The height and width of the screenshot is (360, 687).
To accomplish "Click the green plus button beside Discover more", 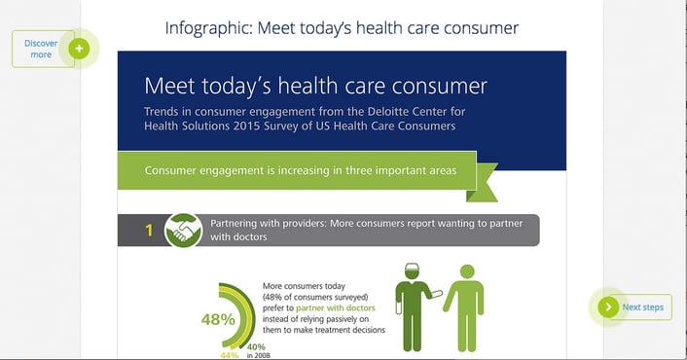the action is pos(79,49).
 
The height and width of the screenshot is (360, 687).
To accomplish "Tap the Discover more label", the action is pos(41,49).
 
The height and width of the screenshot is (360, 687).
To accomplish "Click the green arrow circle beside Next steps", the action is pos(608,307).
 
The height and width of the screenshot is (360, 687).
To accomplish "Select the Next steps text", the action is pos(643,307).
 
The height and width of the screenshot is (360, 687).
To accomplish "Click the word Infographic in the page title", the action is pos(207,28).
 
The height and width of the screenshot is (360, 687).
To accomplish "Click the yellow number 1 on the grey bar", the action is pos(149,231).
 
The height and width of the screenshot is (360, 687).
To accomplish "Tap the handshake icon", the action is pos(183,231).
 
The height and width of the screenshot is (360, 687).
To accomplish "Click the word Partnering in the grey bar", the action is pos(233,224).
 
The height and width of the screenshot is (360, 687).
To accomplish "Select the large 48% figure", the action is pos(218,320).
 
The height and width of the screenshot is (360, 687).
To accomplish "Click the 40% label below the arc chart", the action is pos(256,347).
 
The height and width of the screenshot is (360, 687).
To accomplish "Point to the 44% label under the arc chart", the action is pos(229,355).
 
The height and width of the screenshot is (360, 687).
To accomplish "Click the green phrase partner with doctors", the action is pos(336,307).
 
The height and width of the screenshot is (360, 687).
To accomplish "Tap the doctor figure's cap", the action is pos(412,268).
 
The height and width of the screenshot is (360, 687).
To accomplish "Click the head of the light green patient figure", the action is pos(467,272).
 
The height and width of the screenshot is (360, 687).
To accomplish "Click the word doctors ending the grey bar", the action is pos(249,237).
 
